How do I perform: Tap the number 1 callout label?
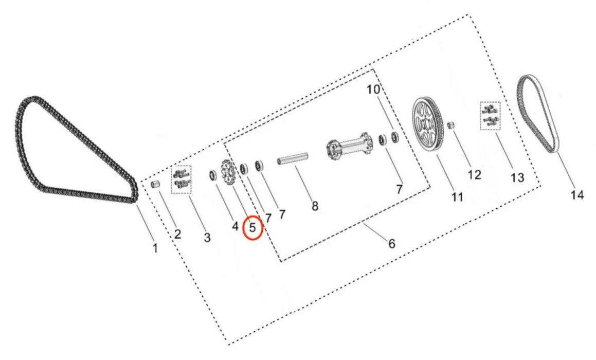coord(155,248)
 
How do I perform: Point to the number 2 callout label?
coord(177,235)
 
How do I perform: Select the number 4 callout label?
coord(235,226)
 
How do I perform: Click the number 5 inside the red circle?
coord(252,227)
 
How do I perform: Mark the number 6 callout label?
coord(391,243)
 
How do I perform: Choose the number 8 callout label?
coord(315,207)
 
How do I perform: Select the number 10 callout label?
coord(373,89)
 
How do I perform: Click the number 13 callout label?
coord(517,178)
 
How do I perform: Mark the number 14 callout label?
coord(577,195)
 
